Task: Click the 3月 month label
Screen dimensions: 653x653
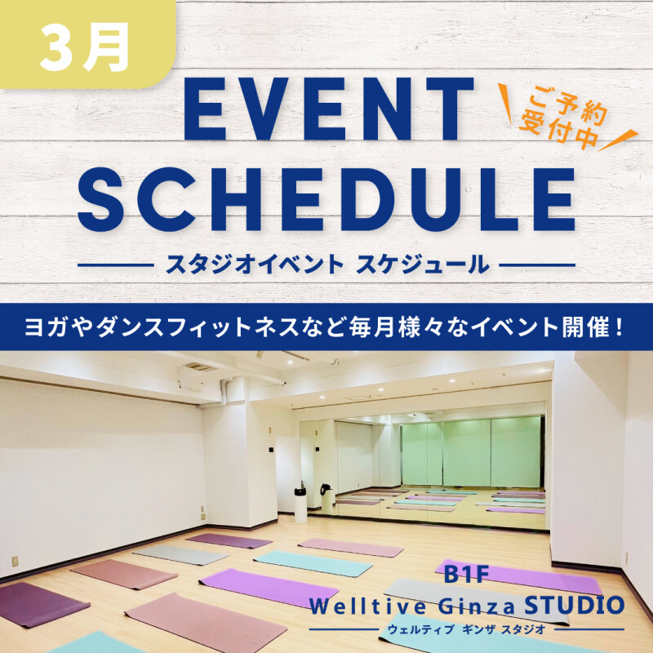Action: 83,47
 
